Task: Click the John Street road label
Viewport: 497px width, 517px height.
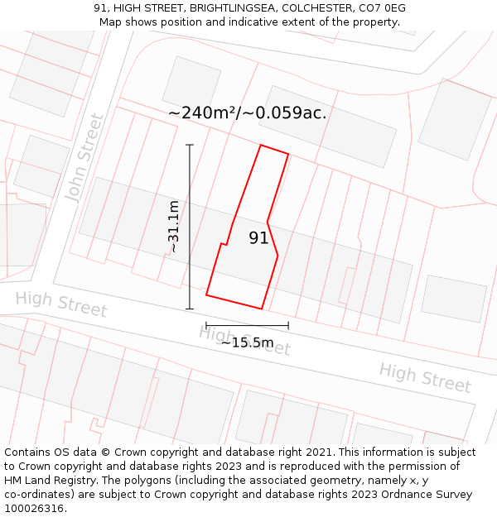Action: coord(84,158)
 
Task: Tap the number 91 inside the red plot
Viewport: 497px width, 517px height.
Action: coord(259,238)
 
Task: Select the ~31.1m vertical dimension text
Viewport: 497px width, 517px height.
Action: coord(173,227)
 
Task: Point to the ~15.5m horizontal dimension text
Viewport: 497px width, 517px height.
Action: coord(247,342)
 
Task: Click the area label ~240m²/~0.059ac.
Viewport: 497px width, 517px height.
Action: coord(247,113)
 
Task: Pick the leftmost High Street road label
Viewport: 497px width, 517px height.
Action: coord(61,304)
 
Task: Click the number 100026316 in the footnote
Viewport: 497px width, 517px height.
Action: coord(33,509)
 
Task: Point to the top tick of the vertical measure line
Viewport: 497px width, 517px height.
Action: coord(190,146)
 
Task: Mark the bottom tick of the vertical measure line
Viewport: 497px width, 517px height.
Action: coord(190,309)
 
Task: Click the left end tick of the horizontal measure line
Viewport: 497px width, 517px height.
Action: coord(206,325)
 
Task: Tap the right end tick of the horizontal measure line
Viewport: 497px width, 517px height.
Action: coord(288,325)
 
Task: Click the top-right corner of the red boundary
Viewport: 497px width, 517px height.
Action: coord(288,154)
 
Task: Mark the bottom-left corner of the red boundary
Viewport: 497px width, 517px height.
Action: coord(206,294)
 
